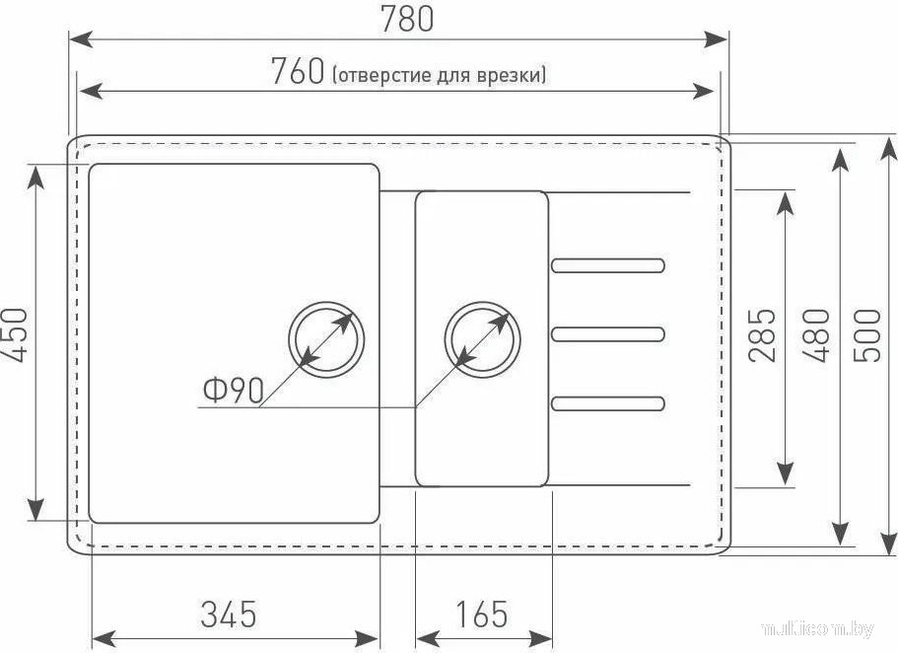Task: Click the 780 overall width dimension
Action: click(x=407, y=19)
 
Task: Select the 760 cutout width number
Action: click(x=298, y=71)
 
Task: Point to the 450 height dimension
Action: click(x=15, y=335)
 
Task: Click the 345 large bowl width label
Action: click(x=229, y=614)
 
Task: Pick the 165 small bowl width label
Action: click(x=482, y=614)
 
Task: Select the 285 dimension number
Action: click(x=762, y=335)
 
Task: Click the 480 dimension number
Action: click(x=815, y=335)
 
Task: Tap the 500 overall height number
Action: click(x=865, y=335)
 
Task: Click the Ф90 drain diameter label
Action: click(x=233, y=391)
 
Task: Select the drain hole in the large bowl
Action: click(x=326, y=338)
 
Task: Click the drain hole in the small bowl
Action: click(x=482, y=338)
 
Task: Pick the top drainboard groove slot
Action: click(x=608, y=265)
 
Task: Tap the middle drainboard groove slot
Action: click(x=608, y=334)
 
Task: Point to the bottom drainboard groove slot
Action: click(x=608, y=403)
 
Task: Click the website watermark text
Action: click(x=818, y=629)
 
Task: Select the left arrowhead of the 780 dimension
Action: click(x=80, y=39)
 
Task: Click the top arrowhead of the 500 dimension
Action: click(x=888, y=149)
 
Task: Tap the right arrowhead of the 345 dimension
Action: click(x=367, y=638)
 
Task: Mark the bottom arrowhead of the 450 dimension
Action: click(x=36, y=509)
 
